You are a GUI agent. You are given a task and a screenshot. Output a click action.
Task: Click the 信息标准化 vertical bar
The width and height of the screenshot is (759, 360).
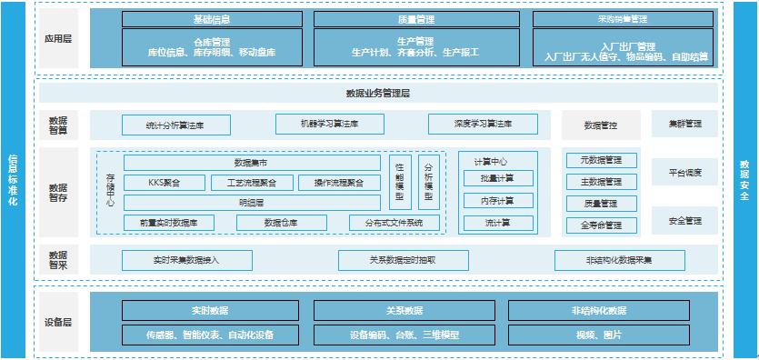pyautogui.click(x=13, y=181)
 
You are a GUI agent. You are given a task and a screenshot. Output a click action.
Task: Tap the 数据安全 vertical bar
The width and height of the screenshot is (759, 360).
pyautogui.click(x=745, y=181)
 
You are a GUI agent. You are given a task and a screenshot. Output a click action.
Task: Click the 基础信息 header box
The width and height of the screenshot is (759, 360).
pyautogui.click(x=212, y=18)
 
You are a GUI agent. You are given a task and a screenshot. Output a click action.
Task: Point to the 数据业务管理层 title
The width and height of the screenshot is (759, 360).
pyautogui.click(x=377, y=93)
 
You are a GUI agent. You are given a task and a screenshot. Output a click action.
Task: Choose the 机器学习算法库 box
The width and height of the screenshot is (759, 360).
pyautogui.click(x=330, y=124)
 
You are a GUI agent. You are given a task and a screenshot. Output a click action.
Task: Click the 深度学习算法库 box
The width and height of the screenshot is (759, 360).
pyautogui.click(x=483, y=124)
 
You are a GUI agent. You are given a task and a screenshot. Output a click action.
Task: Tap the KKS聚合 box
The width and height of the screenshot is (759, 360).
pyautogui.click(x=164, y=183)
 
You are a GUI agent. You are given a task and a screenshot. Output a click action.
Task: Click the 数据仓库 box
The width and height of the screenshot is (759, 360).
pyautogui.click(x=281, y=222)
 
